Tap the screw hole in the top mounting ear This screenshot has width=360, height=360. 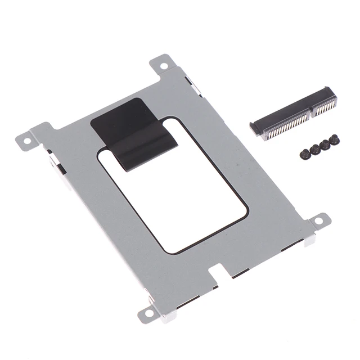(x=164, y=65)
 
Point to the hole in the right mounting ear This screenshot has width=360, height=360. (x=319, y=220)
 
